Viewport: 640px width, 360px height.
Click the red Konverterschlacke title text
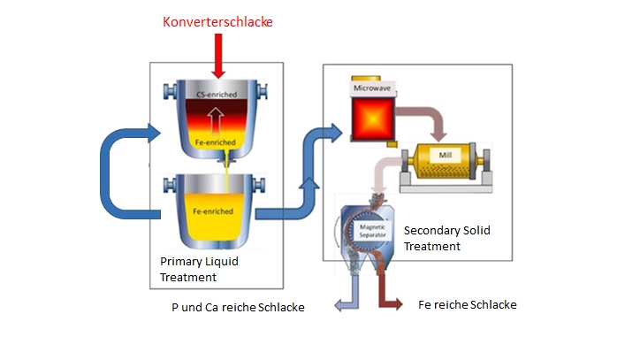coord(218,20)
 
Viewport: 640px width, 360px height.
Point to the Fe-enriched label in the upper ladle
coord(217,142)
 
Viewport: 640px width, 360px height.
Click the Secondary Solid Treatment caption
coord(446,238)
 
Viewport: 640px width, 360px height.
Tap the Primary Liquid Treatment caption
coord(199,269)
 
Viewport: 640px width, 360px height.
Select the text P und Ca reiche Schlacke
coord(238,307)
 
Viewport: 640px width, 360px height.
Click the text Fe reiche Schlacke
coord(467,304)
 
